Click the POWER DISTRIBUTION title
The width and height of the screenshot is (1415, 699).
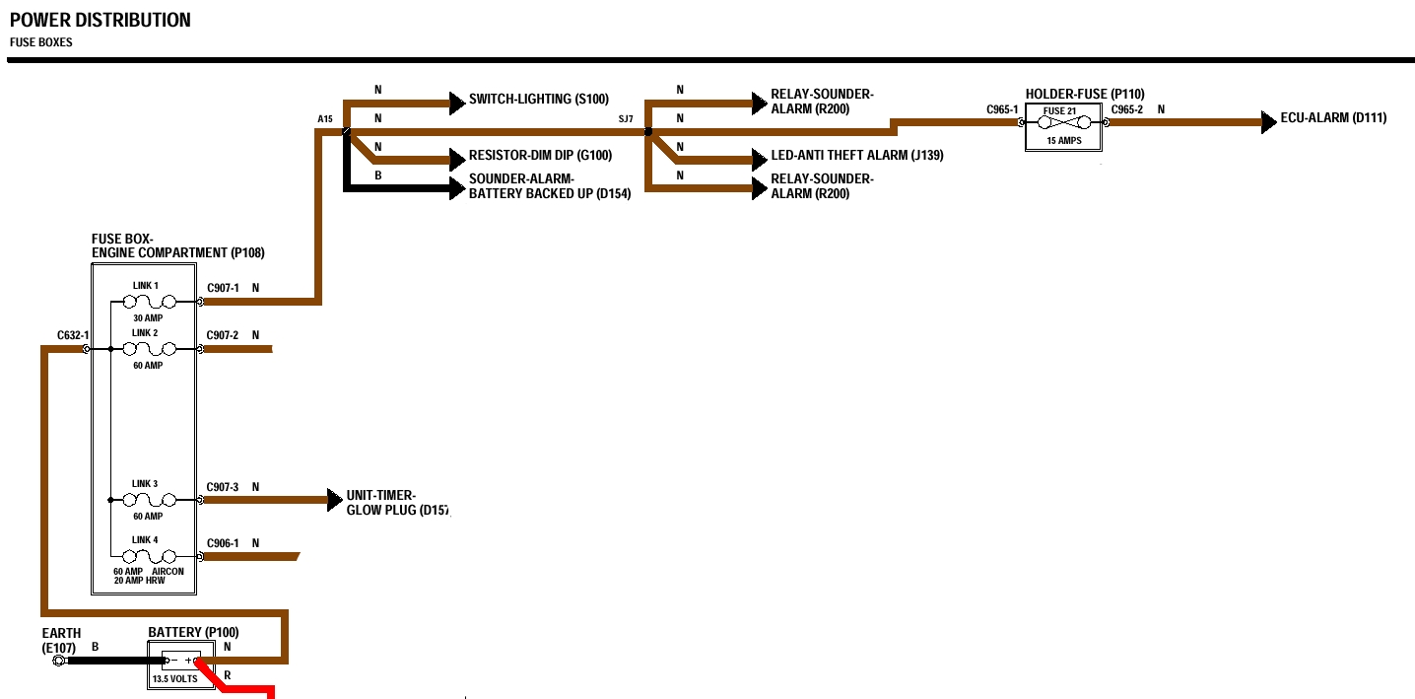(x=101, y=20)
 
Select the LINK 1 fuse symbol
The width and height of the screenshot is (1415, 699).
(x=155, y=302)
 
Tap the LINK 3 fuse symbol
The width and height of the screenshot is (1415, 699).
(x=155, y=500)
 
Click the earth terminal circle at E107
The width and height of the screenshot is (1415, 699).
(x=58, y=661)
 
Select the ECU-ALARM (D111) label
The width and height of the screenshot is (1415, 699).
(x=1333, y=118)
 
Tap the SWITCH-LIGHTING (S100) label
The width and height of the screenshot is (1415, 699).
(x=539, y=99)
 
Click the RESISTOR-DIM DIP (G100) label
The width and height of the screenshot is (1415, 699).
(x=540, y=156)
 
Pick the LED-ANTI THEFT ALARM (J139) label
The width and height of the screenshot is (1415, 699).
(x=857, y=156)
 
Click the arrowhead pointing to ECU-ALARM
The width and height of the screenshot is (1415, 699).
(x=1269, y=123)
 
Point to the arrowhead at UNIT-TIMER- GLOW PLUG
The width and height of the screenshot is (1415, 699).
(x=334, y=500)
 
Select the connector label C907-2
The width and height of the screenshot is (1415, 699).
(x=223, y=335)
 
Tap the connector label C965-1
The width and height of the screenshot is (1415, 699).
(x=1002, y=109)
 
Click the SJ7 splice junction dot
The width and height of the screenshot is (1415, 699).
(x=647, y=131)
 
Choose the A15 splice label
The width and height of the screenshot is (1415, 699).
(x=325, y=119)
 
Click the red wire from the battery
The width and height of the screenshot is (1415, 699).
(x=241, y=688)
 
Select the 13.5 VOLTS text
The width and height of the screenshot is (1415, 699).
(x=175, y=679)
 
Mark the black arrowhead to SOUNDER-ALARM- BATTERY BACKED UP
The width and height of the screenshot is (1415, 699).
(x=456, y=187)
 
